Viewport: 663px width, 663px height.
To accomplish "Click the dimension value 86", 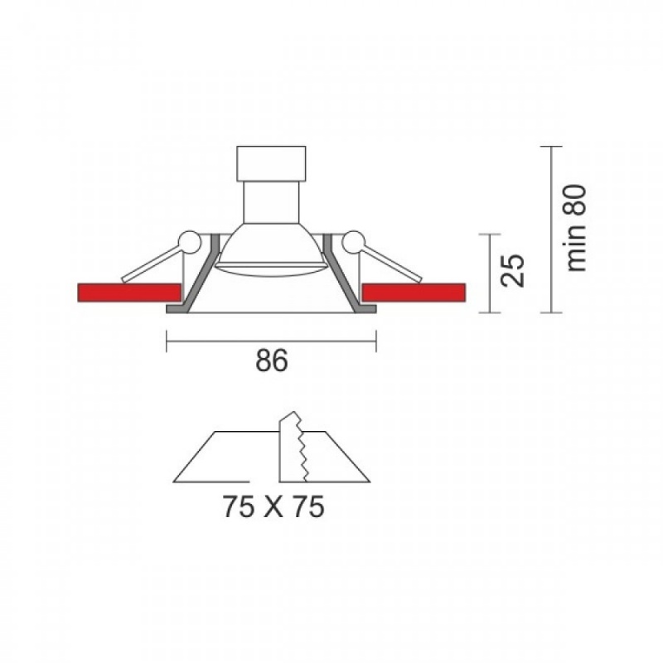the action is pyautogui.click(x=272, y=361).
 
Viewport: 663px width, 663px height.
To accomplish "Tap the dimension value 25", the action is pyautogui.click(x=512, y=271).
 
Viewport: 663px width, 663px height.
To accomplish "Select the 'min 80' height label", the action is pyautogui.click(x=576, y=228).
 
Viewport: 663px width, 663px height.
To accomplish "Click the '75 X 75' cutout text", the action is pyautogui.click(x=273, y=506).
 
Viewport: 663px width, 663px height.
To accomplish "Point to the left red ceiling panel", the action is pyautogui.click(x=129, y=293).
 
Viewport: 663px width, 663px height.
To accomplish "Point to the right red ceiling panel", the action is pyautogui.click(x=414, y=293).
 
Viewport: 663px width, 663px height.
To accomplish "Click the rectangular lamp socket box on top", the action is pyautogui.click(x=271, y=163).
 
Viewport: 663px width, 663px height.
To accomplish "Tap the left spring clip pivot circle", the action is pyautogui.click(x=189, y=242).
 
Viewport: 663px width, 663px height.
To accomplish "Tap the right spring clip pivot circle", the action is pyautogui.click(x=354, y=242).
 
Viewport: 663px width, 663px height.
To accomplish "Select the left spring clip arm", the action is pyautogui.click(x=152, y=264).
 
